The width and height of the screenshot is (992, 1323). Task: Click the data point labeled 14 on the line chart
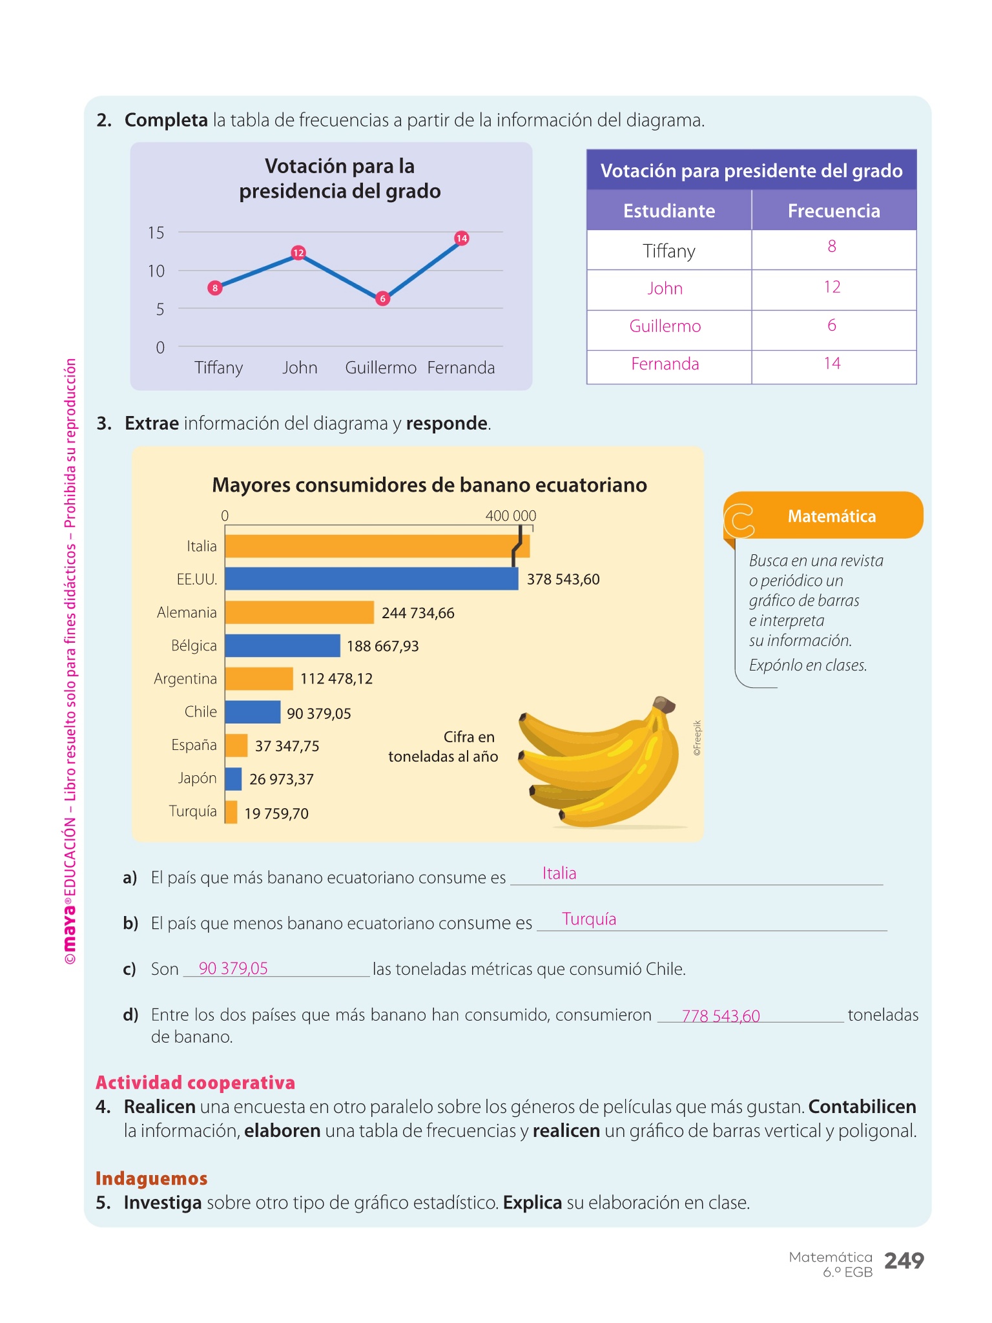click(461, 238)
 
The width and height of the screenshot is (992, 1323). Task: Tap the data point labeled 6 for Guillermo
click(383, 298)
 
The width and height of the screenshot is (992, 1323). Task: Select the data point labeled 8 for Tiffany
click(215, 288)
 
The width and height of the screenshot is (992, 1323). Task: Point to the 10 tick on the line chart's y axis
click(156, 271)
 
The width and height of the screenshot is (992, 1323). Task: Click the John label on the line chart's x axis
click(300, 368)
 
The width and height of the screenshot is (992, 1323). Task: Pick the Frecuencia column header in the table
click(833, 211)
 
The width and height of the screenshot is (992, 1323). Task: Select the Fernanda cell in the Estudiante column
click(665, 364)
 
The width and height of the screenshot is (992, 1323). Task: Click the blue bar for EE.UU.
click(371, 579)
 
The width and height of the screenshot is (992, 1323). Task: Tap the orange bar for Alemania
click(299, 612)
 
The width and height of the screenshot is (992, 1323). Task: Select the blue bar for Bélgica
click(282, 645)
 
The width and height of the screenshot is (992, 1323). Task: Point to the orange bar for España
click(236, 745)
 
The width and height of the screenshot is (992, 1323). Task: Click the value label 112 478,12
click(336, 679)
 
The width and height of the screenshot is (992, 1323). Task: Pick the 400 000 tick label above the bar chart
click(510, 516)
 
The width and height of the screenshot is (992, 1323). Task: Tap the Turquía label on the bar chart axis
click(192, 811)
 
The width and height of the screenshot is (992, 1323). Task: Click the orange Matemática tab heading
click(831, 516)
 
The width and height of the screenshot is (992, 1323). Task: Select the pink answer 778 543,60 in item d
click(721, 1016)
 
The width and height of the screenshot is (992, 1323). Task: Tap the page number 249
click(904, 1260)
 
